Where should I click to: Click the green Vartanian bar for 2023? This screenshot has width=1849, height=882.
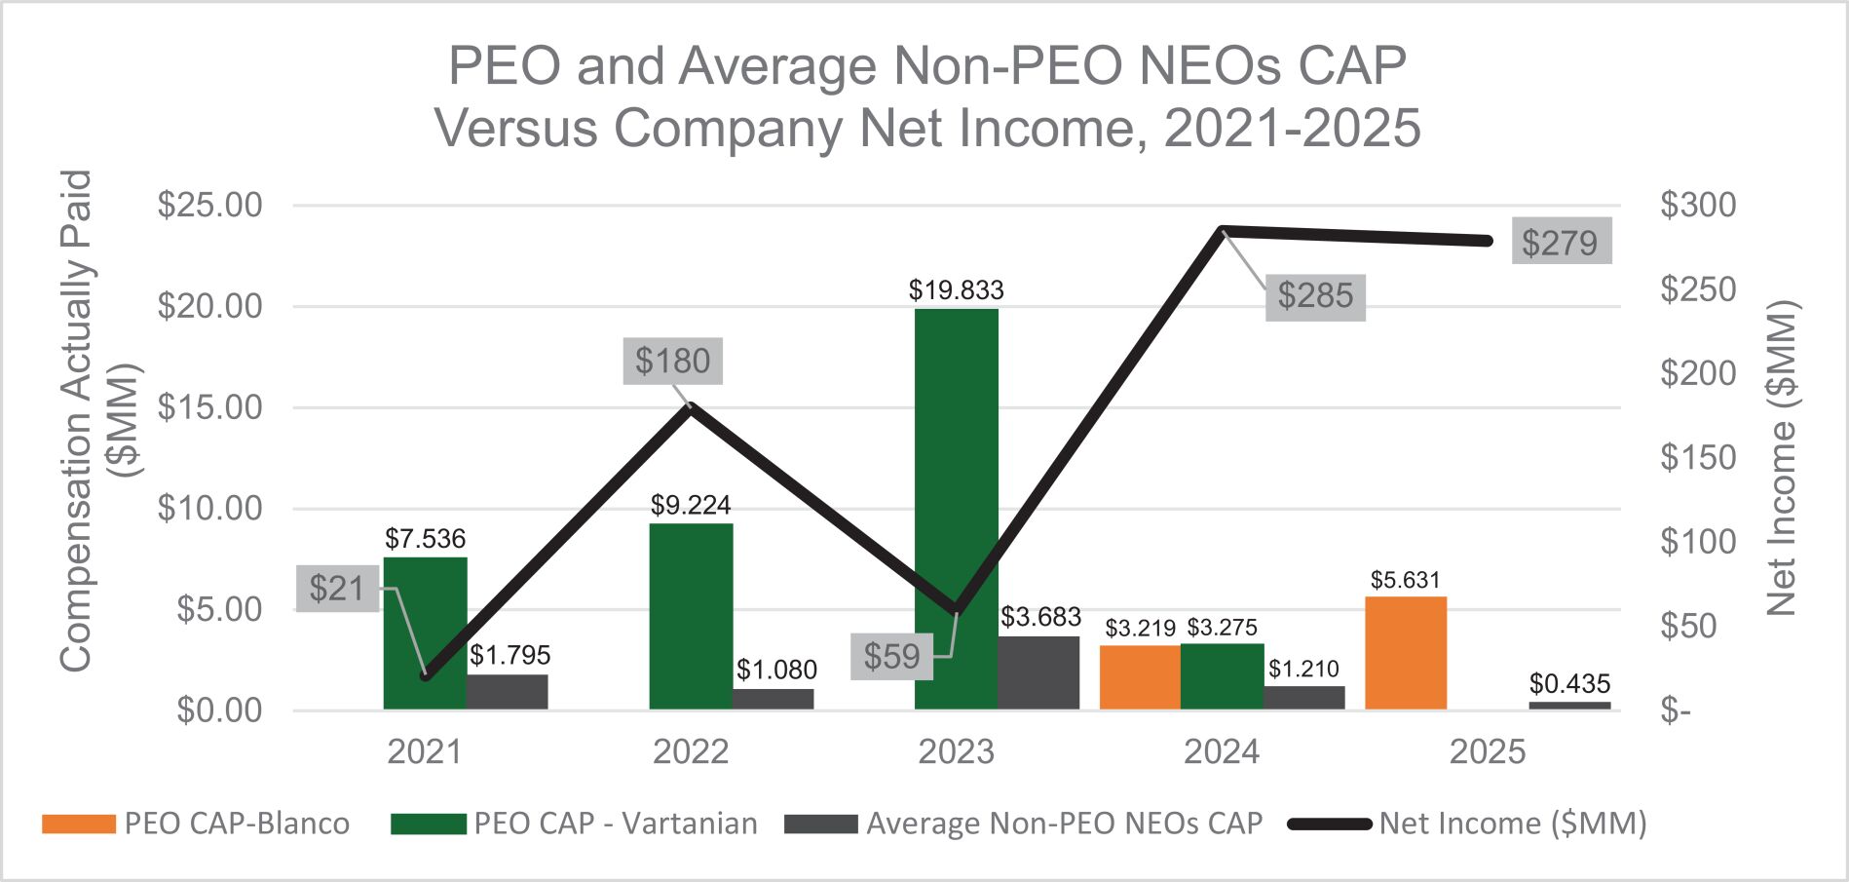click(956, 508)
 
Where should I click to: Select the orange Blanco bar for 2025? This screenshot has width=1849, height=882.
click(1405, 652)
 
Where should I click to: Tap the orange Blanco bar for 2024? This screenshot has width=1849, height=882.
click(1140, 676)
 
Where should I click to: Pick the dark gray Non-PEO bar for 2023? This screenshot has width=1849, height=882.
click(1039, 672)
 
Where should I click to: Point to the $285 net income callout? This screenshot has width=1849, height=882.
click(1315, 296)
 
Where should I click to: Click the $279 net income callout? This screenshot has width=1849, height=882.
click(1560, 243)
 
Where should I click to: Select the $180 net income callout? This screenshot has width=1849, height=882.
click(672, 361)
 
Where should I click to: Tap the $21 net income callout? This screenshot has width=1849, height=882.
click(336, 589)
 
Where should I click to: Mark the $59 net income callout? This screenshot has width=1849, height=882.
click(891, 656)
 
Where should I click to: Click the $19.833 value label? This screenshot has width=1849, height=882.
click(956, 290)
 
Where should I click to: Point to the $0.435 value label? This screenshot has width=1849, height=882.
click(1569, 684)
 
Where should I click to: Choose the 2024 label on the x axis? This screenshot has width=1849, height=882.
click(1222, 752)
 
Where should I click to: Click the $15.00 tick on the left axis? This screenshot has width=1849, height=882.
click(209, 407)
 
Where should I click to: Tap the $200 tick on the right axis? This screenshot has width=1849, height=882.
click(1698, 373)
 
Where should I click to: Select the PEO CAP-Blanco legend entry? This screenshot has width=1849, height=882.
click(195, 824)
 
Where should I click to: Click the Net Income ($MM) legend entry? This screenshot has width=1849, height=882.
click(1467, 824)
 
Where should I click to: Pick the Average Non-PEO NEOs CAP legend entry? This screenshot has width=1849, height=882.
click(1023, 824)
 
